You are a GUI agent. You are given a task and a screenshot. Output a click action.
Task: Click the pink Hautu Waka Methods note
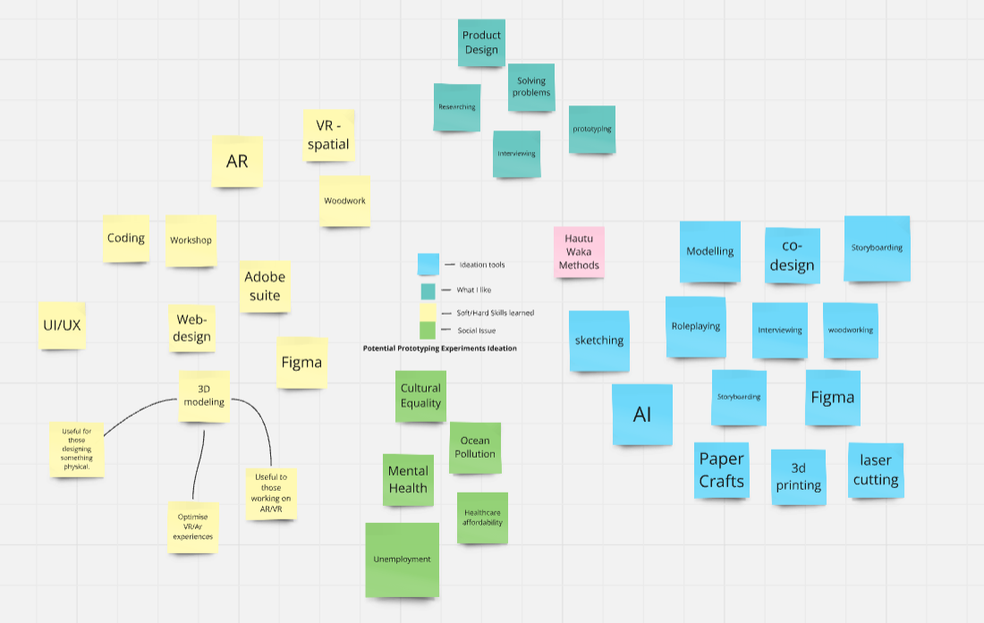(x=579, y=251)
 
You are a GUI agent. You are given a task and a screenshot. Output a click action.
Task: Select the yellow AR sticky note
(x=237, y=162)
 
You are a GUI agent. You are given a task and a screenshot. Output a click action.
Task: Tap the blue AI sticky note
(x=642, y=414)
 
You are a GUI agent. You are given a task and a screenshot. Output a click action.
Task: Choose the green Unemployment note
(x=402, y=560)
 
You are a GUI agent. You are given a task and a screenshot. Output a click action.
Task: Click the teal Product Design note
(x=481, y=43)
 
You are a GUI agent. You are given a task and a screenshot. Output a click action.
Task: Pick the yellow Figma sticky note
(x=301, y=362)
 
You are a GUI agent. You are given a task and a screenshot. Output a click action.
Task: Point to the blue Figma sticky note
(x=832, y=397)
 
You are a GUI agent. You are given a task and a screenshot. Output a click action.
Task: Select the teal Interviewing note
(x=516, y=154)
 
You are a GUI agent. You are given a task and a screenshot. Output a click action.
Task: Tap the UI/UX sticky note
(x=62, y=324)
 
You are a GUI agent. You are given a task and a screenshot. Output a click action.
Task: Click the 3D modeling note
(x=204, y=395)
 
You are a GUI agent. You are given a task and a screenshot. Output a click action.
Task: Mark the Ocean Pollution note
(x=475, y=447)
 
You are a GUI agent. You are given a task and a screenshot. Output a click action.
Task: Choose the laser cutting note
(x=876, y=470)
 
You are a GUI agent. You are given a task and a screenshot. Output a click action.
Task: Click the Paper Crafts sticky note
(x=721, y=470)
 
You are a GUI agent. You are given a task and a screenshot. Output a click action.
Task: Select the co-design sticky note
(x=792, y=255)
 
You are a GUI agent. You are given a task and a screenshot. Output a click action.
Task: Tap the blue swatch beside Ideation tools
(x=428, y=265)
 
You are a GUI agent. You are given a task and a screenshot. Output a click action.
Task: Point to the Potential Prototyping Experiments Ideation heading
(x=439, y=349)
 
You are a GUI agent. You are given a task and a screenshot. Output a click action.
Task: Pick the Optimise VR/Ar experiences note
(x=193, y=526)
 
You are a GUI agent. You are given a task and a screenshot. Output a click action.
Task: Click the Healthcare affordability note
(x=482, y=518)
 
